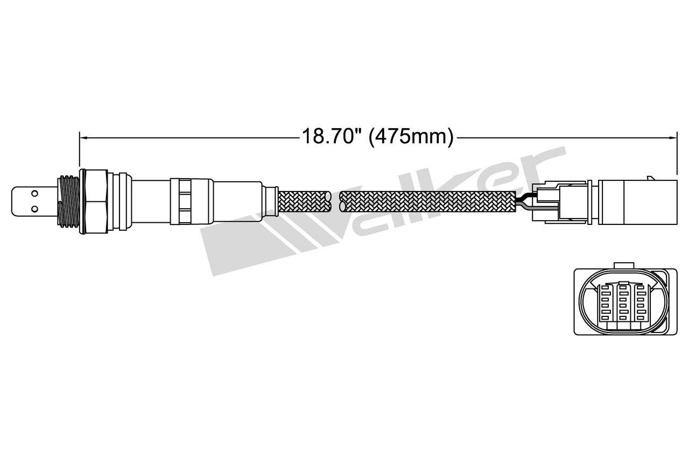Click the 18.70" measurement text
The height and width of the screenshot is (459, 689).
click(329, 137)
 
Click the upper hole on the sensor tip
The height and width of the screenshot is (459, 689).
click(34, 192)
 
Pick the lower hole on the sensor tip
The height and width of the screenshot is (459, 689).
click(34, 208)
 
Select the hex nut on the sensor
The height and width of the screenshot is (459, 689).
click(96, 201)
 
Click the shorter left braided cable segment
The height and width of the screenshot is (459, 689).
click(304, 201)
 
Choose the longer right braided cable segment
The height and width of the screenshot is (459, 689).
click(428, 201)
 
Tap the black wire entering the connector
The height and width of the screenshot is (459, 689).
click(523, 200)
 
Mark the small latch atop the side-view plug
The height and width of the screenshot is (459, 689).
click(653, 177)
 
